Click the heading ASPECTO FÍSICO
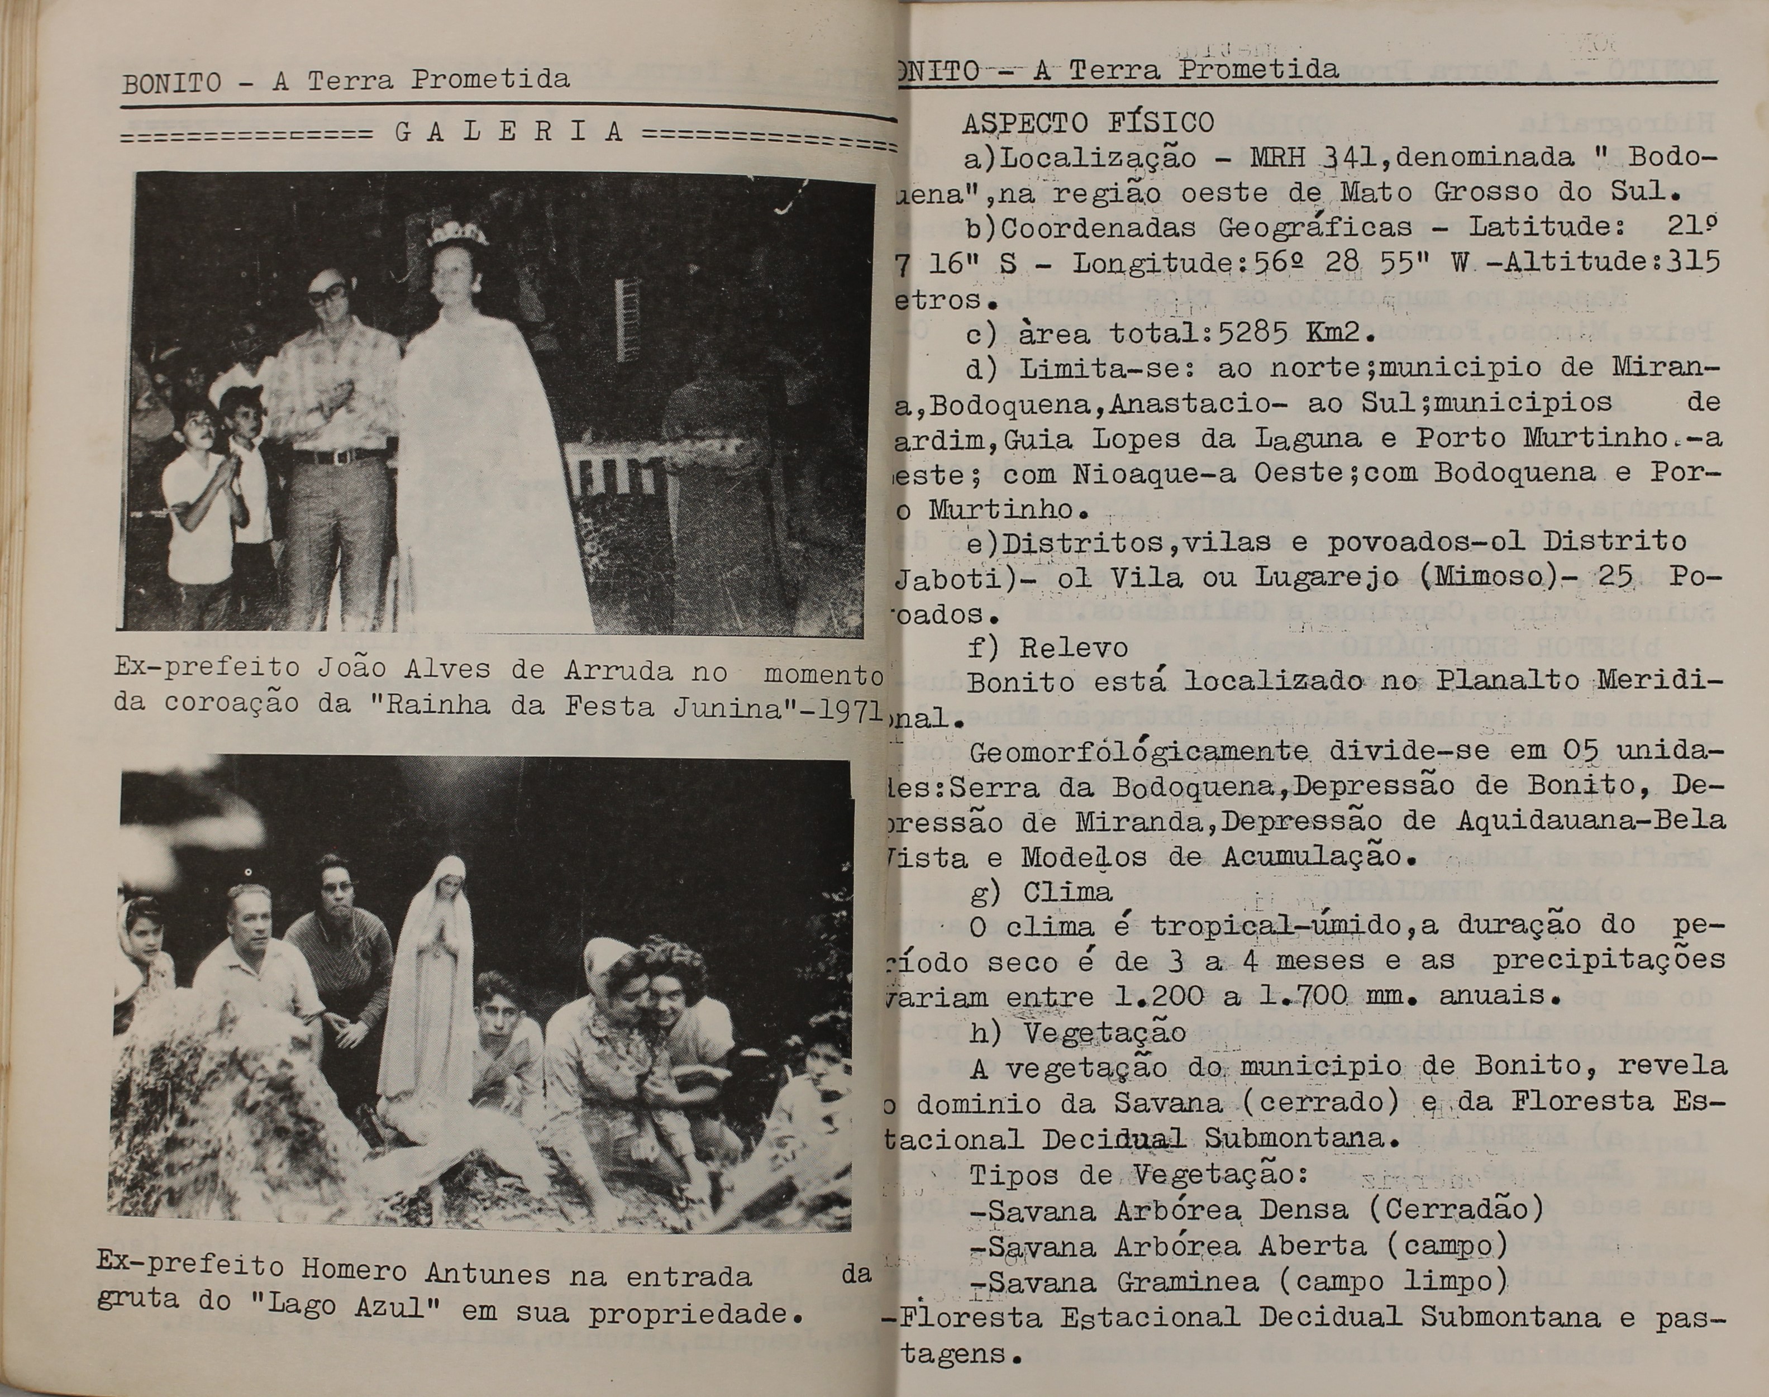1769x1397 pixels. pyautogui.click(x=1088, y=123)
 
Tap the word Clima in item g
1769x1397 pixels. pyautogui.click(x=1066, y=891)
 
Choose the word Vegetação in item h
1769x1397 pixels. pyautogui.click(x=1104, y=1032)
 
